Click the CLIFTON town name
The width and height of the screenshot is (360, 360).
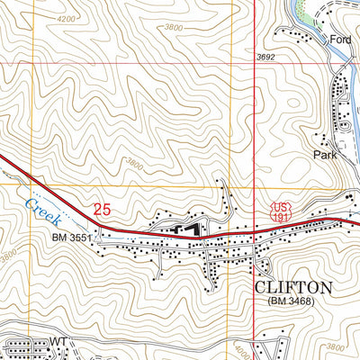(x=294, y=288)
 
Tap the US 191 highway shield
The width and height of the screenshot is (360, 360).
(x=280, y=211)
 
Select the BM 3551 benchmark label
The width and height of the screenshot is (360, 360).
(x=72, y=238)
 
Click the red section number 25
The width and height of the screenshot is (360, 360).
(x=102, y=210)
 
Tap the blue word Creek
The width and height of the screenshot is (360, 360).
(x=41, y=213)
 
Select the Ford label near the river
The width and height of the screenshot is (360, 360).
(x=339, y=40)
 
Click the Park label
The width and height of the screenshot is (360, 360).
(x=325, y=155)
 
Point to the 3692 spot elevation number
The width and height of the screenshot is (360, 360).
(x=265, y=58)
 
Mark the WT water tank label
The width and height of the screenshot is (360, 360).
(x=59, y=342)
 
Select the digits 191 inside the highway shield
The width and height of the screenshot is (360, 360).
(x=280, y=216)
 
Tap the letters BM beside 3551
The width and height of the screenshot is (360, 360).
(x=59, y=238)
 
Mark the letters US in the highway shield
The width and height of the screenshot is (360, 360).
(x=280, y=207)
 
